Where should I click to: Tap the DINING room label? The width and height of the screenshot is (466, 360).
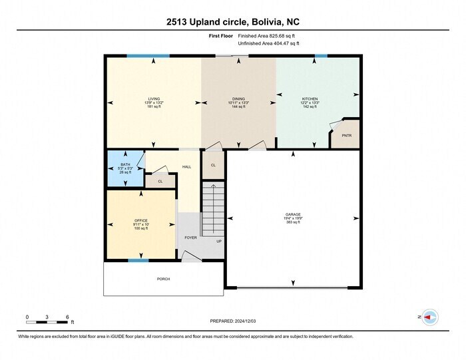click(238, 98)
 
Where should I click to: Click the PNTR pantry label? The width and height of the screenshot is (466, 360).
click(346, 136)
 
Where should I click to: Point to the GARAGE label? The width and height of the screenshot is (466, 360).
click(294, 214)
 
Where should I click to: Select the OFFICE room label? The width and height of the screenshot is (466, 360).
click(140, 220)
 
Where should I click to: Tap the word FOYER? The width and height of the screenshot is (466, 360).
click(190, 237)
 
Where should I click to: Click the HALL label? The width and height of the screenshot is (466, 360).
click(186, 166)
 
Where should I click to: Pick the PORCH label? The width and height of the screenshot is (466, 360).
click(163, 279)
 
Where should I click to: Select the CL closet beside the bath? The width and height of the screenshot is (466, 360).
click(160, 180)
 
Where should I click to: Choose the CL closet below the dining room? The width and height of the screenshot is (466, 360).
click(213, 164)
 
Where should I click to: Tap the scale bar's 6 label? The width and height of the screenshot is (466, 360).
click(68, 316)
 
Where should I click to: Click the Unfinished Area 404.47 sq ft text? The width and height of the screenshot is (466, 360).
click(269, 43)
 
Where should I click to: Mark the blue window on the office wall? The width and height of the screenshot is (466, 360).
click(138, 261)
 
